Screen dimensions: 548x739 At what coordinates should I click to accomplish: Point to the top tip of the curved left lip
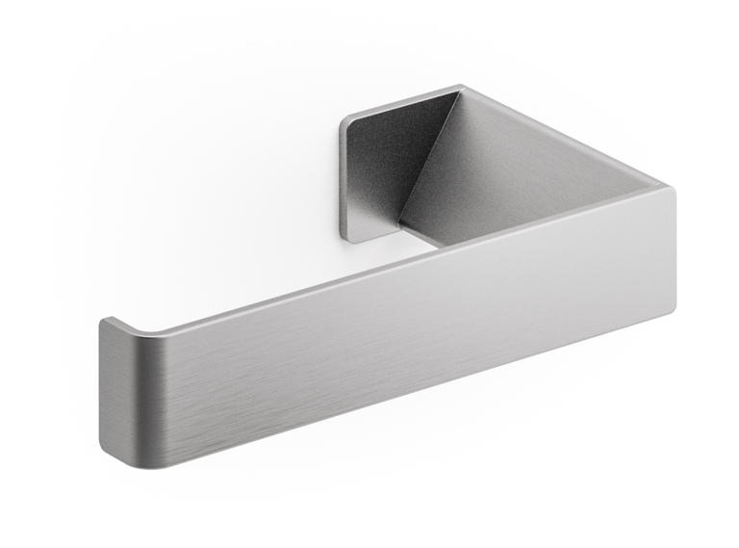click(109, 320)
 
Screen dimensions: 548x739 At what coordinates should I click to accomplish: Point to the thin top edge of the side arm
click(558, 135)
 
